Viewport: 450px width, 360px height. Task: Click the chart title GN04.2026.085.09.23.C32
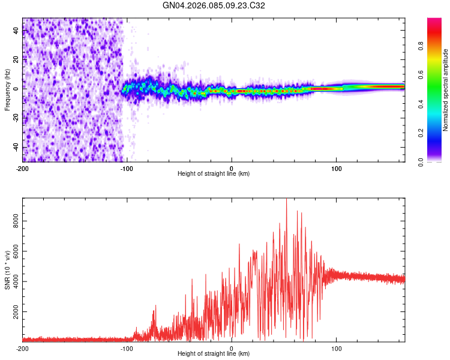[x=214, y=5]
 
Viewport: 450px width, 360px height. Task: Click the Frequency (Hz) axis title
[x=8, y=89]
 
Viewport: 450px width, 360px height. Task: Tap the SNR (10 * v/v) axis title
[x=8, y=269]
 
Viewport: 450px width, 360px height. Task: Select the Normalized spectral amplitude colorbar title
[x=445, y=90]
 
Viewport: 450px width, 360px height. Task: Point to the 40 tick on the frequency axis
[x=16, y=30]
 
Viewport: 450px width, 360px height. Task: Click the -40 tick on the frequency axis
[x=16, y=147]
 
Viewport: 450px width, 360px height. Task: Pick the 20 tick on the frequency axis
[x=16, y=59]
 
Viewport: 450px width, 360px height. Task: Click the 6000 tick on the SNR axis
[x=16, y=252]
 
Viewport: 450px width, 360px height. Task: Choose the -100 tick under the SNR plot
[x=127, y=348]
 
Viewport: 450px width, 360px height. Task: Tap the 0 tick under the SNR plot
[x=232, y=348]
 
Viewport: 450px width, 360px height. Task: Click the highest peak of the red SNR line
[x=286, y=200]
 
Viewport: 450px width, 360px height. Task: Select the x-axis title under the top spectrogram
[x=214, y=173]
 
